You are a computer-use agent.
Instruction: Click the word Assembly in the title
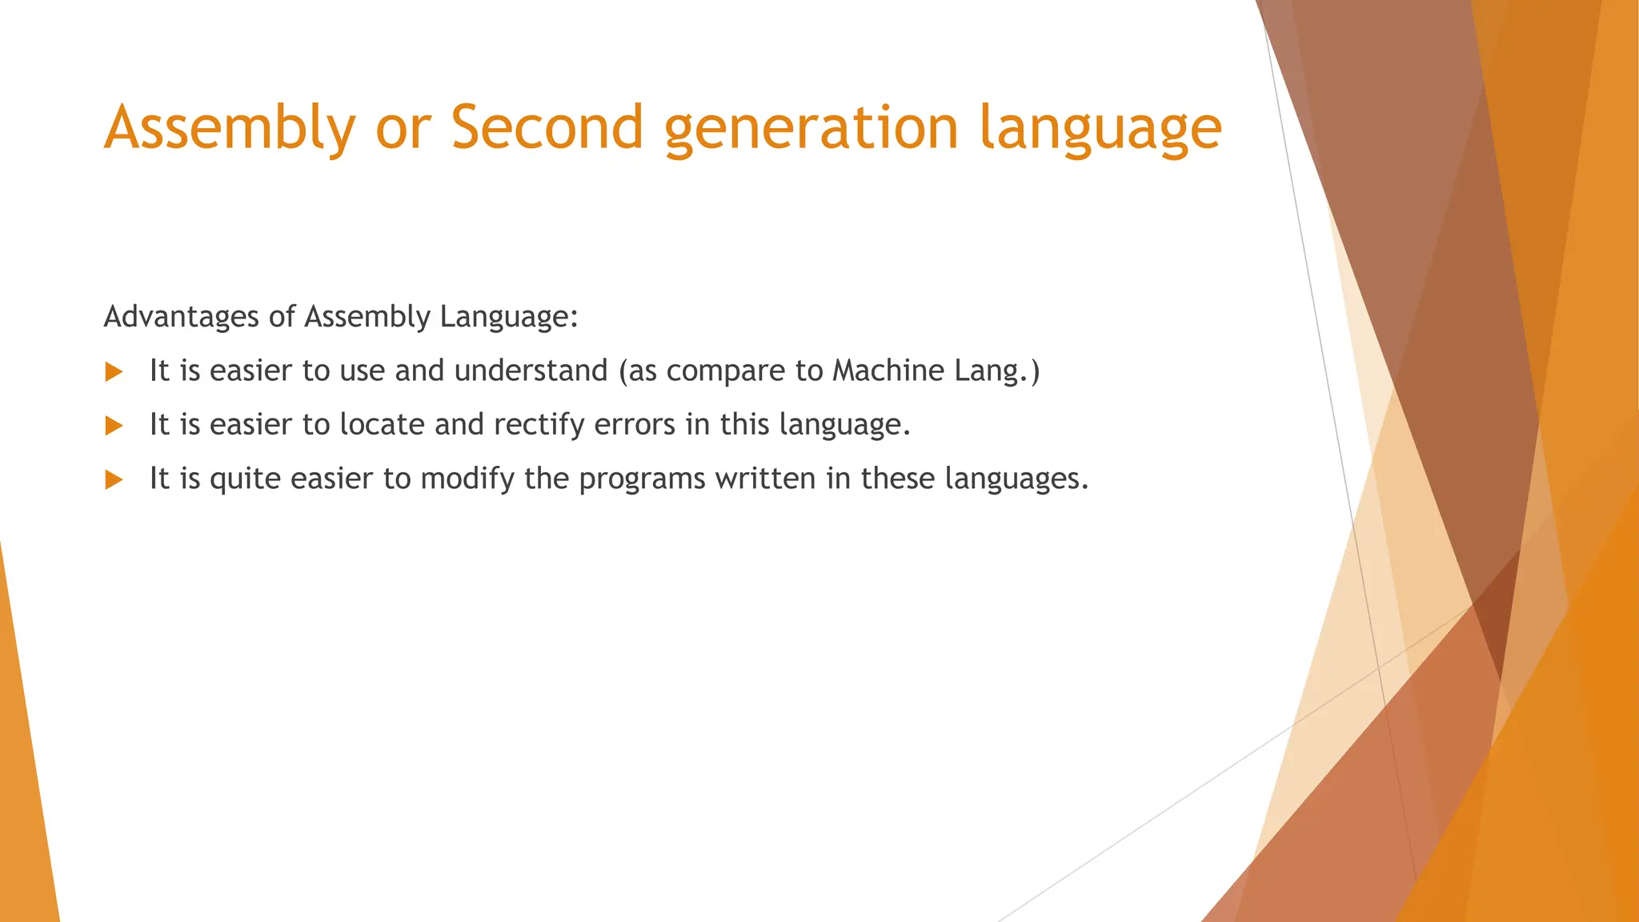(x=230, y=128)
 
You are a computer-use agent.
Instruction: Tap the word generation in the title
(x=811, y=128)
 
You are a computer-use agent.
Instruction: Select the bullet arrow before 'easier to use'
(x=114, y=371)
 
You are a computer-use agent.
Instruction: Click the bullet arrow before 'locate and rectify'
(x=114, y=426)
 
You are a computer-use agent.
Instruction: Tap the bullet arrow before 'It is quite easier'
(x=114, y=480)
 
